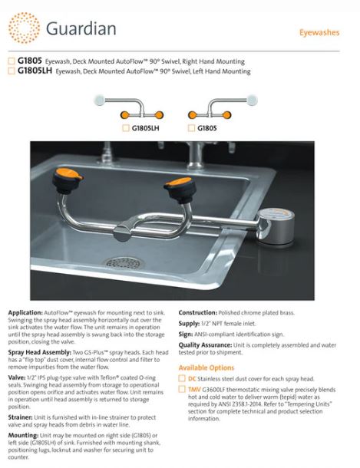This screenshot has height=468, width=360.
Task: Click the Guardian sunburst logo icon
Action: (25, 28)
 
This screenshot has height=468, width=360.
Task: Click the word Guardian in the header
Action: (81, 29)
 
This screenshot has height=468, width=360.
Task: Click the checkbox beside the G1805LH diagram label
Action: (126, 128)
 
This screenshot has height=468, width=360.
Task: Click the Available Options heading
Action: (211, 367)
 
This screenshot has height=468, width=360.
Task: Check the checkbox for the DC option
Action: (182, 379)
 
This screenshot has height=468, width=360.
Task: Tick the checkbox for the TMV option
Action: (182, 390)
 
